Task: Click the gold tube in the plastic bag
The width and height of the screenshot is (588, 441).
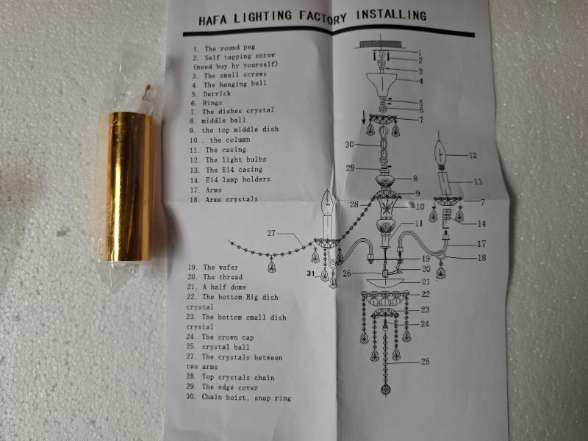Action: [x=130, y=187]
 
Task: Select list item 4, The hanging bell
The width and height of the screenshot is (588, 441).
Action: [x=224, y=85]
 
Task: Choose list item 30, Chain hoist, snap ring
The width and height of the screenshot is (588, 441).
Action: [x=239, y=398]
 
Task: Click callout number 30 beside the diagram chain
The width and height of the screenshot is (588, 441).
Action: [x=349, y=144]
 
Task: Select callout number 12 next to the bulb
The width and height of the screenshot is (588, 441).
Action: [x=473, y=155]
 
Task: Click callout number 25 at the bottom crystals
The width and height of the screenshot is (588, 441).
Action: [x=426, y=361]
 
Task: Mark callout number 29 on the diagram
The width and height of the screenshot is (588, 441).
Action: [x=351, y=168]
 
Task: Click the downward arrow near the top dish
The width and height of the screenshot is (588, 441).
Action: [x=362, y=118]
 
